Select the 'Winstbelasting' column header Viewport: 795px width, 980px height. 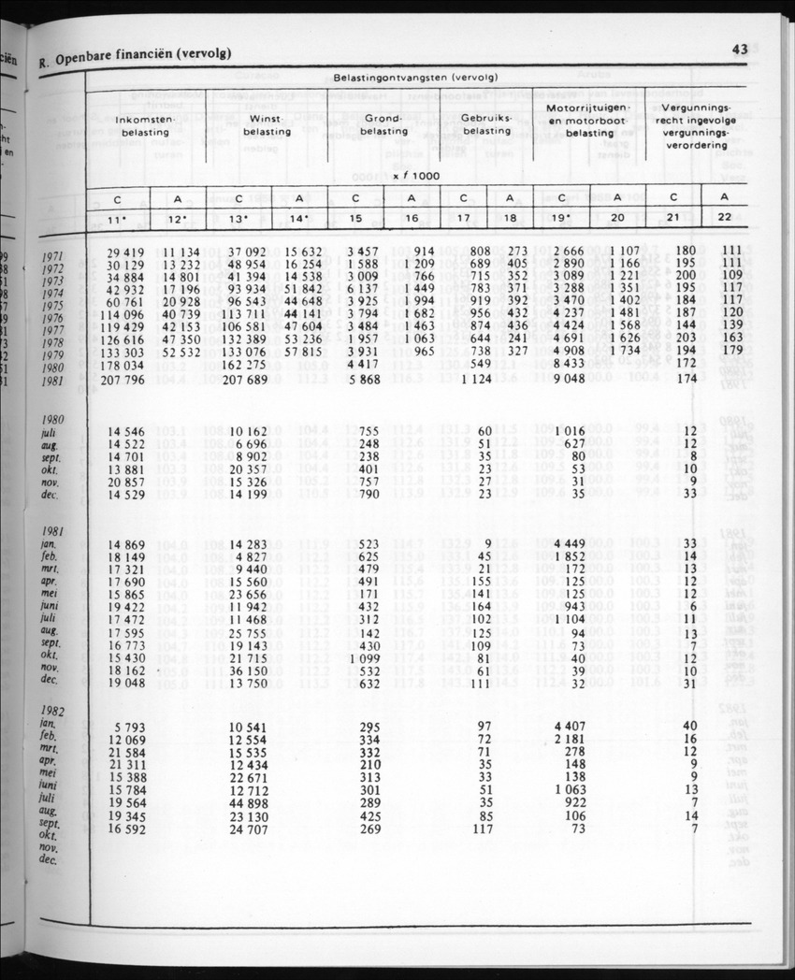pyautogui.click(x=267, y=125)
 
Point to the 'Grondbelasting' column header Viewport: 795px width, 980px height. pyautogui.click(x=383, y=125)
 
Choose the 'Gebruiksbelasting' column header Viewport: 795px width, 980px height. pyautogui.click(x=486, y=125)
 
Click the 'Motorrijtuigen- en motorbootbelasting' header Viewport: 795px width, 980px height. pyautogui.click(x=590, y=121)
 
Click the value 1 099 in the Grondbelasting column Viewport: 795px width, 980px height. pyautogui.click(x=363, y=656)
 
